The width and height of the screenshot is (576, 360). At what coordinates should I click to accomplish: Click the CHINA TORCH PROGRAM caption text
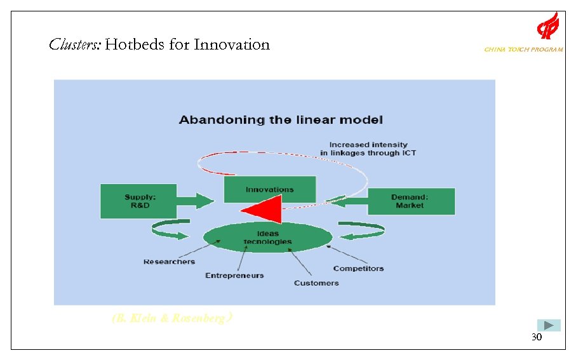(523, 50)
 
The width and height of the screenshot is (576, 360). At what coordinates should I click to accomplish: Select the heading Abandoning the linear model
(281, 119)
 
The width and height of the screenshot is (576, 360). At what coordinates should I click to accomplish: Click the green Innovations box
(270, 189)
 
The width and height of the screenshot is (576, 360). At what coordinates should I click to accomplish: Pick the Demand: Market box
(410, 201)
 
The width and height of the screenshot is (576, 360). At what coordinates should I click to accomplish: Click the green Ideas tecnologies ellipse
(267, 237)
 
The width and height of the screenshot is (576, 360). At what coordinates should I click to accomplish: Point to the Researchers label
(169, 262)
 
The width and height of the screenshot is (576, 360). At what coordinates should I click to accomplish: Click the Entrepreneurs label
(234, 276)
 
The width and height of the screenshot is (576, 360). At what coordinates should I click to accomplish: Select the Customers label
(316, 283)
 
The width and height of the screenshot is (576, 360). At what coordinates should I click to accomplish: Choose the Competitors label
(358, 269)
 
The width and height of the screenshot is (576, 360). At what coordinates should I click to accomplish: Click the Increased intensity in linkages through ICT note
(368, 149)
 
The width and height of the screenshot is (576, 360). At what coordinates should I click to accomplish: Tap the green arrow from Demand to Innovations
(346, 201)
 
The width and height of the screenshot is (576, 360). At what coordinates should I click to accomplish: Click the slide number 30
(537, 338)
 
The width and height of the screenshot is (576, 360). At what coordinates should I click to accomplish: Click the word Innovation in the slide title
(232, 44)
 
